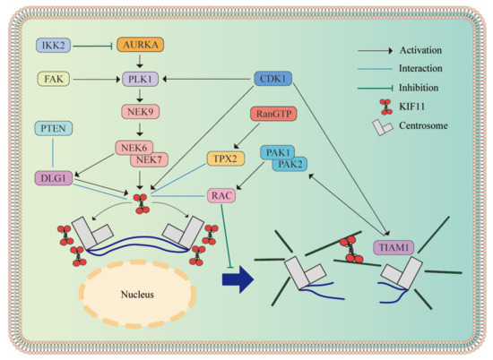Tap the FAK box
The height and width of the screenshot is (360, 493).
pyautogui.click(x=56, y=79)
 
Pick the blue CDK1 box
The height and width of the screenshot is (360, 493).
pyautogui.click(x=274, y=79)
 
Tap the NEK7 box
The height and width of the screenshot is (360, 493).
pyautogui.click(x=151, y=160)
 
